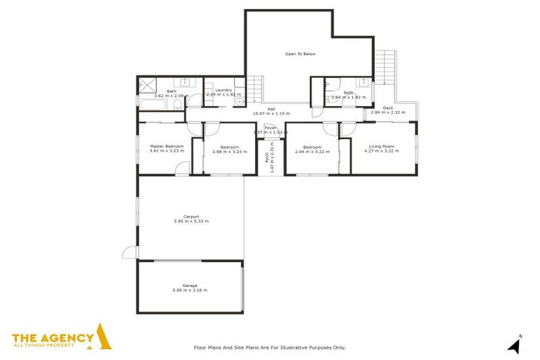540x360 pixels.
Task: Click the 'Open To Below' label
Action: point(300,53)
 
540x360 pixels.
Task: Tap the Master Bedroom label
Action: point(167,146)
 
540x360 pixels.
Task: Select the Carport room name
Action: point(191,216)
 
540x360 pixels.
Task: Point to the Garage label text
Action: point(190,285)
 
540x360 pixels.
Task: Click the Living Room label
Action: point(382,146)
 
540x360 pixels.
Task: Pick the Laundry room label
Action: point(224,90)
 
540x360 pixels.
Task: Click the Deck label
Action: point(387,108)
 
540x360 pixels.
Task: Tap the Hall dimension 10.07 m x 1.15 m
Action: point(271,113)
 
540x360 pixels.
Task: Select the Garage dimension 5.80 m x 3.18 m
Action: point(190,290)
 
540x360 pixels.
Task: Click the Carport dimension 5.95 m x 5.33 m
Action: point(191,221)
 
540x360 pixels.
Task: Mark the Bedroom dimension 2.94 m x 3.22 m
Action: point(311,151)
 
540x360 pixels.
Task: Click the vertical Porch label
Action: point(267,159)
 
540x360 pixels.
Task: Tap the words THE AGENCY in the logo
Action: point(53,337)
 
